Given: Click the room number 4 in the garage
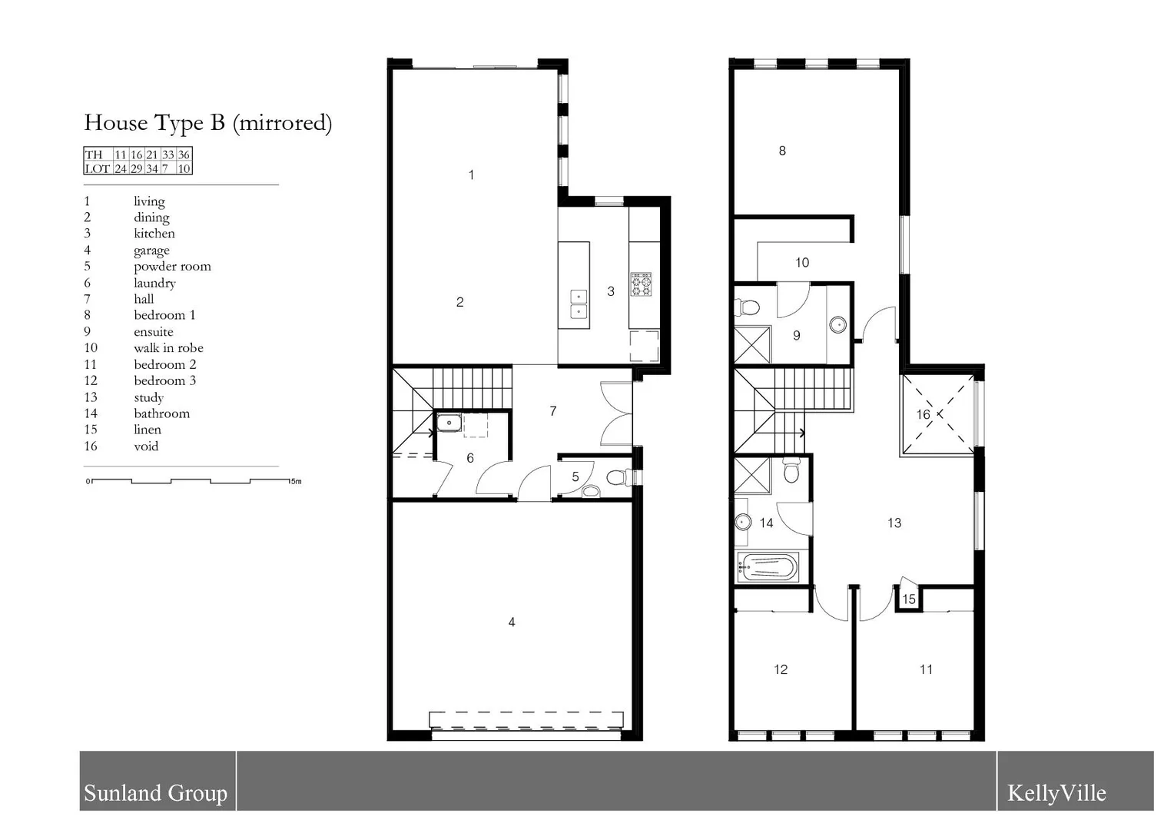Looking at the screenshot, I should coord(512,622).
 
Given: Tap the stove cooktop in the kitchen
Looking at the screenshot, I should coord(641,284).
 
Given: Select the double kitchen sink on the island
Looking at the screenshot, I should coord(578,304).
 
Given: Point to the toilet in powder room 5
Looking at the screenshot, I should coord(616,478).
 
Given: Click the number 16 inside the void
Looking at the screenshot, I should coord(924,415).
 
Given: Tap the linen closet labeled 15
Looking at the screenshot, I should coord(909,599).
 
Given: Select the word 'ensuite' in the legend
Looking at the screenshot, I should coord(153,332).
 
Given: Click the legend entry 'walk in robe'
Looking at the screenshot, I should coord(168,348).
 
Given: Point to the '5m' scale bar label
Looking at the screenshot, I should coord(296,482).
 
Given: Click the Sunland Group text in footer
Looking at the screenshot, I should coord(155,793).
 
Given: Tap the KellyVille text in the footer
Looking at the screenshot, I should coord(1056,793).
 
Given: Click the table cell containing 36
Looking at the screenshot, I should coord(184,154).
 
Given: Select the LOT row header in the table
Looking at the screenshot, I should coord(97,168).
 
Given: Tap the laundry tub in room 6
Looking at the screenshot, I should coord(449,422).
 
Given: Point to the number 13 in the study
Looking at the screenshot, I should coord(894,523).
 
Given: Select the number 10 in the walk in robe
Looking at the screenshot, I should coord(802,263).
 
